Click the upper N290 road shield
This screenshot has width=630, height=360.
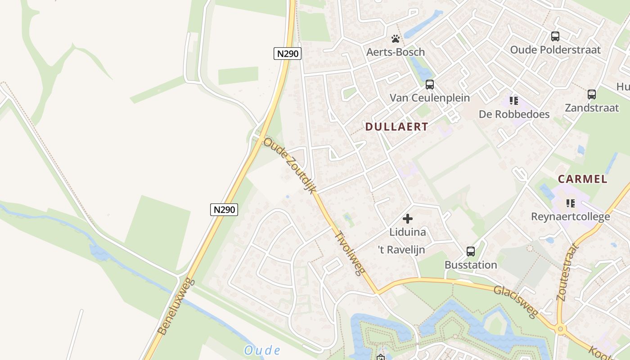pos(288,54)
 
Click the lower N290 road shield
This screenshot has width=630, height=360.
pos(224,209)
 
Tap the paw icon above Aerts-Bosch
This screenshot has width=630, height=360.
pos(396,39)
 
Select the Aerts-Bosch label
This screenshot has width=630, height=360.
pos(396,52)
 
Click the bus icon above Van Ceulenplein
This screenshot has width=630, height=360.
pos(430,84)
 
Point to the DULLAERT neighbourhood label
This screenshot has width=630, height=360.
pos(396,127)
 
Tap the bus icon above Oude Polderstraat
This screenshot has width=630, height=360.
pos(555,36)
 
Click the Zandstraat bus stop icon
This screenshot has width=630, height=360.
pos(592,94)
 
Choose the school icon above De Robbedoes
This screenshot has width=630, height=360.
pos(514,101)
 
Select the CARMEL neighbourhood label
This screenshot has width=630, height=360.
pos(583,179)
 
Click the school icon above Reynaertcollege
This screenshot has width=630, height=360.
pos(571,203)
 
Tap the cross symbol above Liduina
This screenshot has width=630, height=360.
pos(408,219)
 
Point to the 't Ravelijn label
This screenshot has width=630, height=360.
pos(401,250)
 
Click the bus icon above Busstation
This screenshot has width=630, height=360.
pos(471,252)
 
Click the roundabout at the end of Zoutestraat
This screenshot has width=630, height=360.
pos(560,329)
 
